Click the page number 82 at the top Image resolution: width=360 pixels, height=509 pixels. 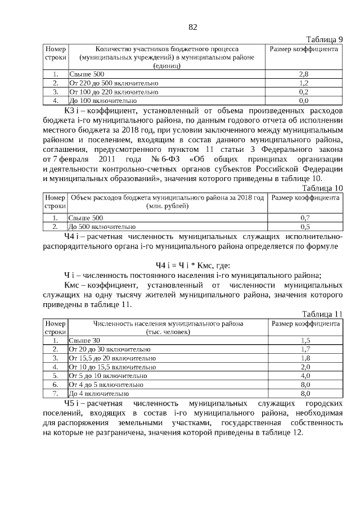192,27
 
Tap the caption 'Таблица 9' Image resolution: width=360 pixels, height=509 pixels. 324,39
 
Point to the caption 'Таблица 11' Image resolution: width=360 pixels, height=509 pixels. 322,314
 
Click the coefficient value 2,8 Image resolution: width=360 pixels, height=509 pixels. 304,74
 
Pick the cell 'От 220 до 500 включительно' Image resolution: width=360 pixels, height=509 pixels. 114,83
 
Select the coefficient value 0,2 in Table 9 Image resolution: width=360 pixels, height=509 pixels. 304,91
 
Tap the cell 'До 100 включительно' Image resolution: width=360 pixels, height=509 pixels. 102,100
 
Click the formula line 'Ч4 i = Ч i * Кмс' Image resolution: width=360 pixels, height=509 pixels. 192,265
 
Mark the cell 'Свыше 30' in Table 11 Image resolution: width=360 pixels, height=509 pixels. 84,340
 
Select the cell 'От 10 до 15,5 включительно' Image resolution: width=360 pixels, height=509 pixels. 112,367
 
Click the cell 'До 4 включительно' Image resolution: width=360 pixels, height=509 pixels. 99,393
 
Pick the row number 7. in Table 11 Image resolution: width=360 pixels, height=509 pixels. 55,393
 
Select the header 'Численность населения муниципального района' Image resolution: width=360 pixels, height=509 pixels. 168,324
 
